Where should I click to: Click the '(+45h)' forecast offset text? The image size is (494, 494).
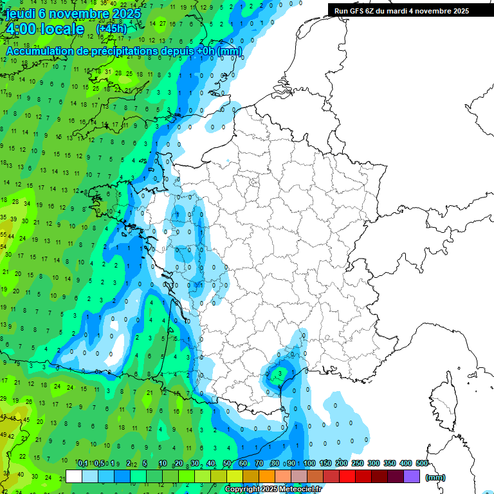pyautogui.click(x=111, y=29)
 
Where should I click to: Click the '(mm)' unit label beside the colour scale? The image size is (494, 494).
pyautogui.click(x=435, y=477)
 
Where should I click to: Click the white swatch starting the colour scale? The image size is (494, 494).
pyautogui.click(x=74, y=477)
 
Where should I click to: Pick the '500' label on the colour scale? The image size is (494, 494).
pyautogui.click(x=422, y=464)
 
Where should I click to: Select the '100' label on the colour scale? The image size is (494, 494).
pyautogui.click(x=309, y=464)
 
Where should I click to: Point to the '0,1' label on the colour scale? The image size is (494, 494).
pyautogui.click(x=83, y=464)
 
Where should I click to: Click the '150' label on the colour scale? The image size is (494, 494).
pyautogui.click(x=325, y=464)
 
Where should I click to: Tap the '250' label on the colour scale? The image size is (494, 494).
pyautogui.click(x=358, y=464)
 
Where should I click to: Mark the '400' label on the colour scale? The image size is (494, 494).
pyautogui.click(x=406, y=464)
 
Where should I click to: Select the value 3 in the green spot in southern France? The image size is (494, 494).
pyautogui.click(x=280, y=372)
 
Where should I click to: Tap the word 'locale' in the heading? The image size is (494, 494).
pyautogui.click(x=62, y=30)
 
